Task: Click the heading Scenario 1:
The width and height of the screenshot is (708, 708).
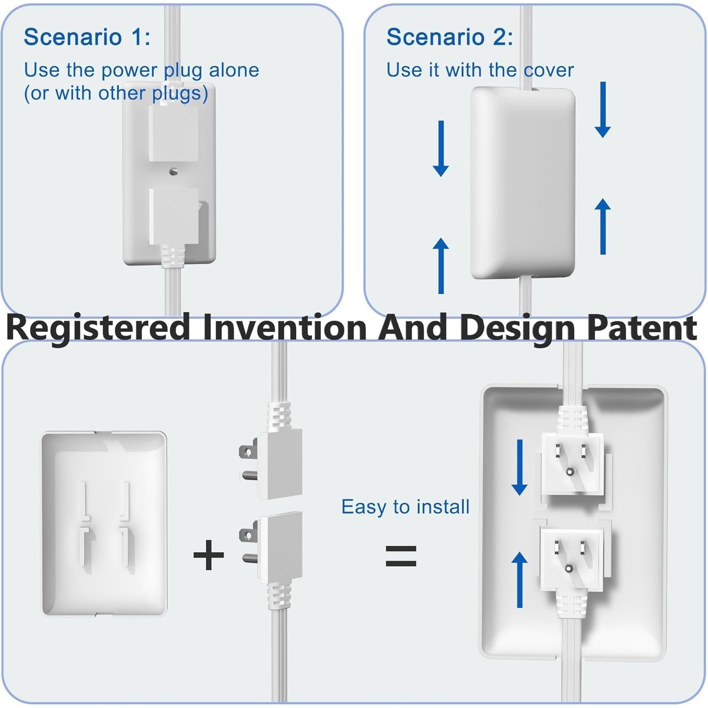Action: pos(87,37)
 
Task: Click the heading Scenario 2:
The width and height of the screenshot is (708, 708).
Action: pos(450,37)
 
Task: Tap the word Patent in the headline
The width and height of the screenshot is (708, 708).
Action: pos(642,328)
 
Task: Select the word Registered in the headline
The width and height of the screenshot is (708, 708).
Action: pos(98,328)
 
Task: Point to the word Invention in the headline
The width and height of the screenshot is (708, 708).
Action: pos(285,328)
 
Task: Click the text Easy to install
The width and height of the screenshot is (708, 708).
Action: pos(405,507)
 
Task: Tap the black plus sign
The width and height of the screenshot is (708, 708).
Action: pos(209,555)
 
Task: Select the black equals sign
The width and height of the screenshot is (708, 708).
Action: pos(401,556)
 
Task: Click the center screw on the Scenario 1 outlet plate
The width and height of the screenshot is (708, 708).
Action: pos(173,171)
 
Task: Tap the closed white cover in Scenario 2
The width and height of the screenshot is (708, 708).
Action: pos(523,184)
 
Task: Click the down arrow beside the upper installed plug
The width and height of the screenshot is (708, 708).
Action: pos(519,467)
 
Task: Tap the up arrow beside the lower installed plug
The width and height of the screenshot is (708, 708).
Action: pos(519,580)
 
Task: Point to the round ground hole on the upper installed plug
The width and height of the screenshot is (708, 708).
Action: pos(569,471)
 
